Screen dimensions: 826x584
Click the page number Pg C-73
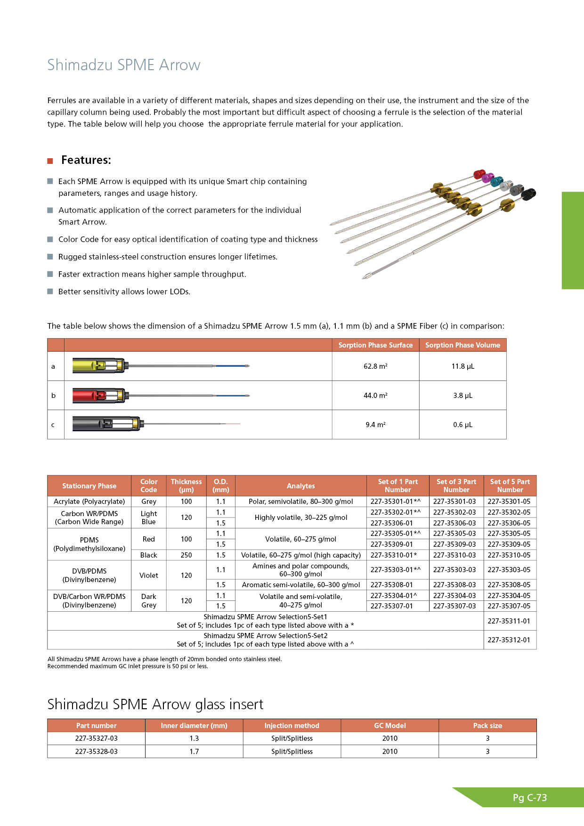tap(529, 798)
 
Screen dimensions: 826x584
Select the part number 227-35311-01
tap(509, 621)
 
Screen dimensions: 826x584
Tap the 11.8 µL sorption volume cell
tap(462, 366)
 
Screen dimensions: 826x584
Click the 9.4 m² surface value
tap(375, 425)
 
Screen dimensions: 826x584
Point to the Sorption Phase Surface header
tap(375, 345)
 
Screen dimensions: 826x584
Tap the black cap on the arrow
tap(529, 194)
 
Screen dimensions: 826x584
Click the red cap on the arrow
tap(479, 174)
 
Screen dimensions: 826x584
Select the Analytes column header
tap(300, 486)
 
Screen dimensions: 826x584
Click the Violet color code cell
tap(149, 575)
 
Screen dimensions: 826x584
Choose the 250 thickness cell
tap(186, 555)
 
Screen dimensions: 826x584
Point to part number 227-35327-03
tap(96, 738)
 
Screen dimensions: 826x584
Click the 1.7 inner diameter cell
tap(194, 752)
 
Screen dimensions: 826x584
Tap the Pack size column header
tap(487, 726)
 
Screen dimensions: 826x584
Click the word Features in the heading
tap(86, 160)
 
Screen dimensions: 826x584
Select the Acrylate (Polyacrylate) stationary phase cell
tap(89, 502)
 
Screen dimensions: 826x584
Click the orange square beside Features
tap(50, 161)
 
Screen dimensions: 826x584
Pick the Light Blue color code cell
tap(149, 518)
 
